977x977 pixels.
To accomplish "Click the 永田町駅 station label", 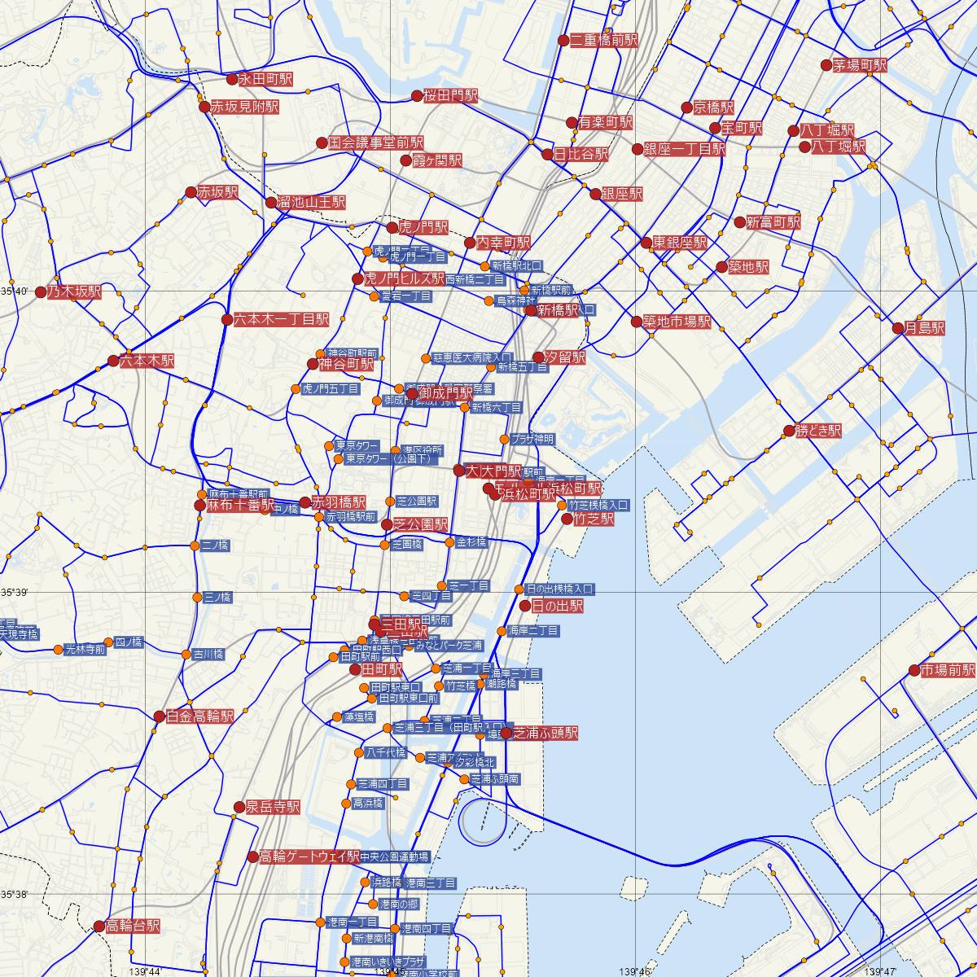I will point(264,80).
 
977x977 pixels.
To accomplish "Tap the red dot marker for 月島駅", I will point(898,328).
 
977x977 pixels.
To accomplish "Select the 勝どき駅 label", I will point(818,430).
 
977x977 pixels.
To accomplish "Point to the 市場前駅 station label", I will point(948,670).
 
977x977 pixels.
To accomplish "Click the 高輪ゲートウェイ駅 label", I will point(309,857).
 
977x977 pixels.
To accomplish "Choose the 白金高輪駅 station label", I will point(199,716).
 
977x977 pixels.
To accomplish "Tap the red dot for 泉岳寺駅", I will point(239,807).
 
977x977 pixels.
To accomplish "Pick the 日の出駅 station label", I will point(557,606).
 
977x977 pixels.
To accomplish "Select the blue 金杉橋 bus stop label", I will point(471,542).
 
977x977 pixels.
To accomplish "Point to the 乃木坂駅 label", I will point(73,291).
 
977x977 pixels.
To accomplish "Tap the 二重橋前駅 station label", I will point(603,40).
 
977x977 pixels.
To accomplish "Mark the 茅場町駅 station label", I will point(859,65).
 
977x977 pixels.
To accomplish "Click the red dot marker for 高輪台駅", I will point(100,927).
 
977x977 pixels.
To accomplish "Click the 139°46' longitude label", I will point(635,971).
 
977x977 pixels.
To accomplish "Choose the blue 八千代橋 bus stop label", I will point(386,752).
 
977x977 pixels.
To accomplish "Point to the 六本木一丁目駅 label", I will point(281,319).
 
